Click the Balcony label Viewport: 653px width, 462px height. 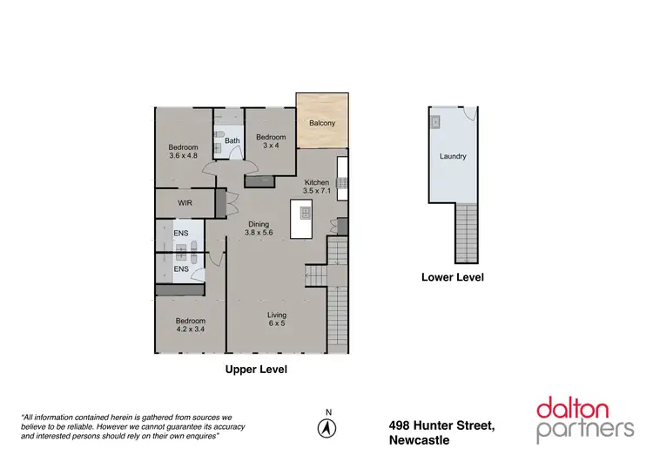(322, 123)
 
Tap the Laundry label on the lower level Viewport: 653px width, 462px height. (453, 157)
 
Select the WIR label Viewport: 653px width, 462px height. (185, 202)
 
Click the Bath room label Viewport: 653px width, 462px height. (232, 140)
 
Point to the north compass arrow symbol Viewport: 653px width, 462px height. (328, 428)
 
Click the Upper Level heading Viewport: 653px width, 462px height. (256, 370)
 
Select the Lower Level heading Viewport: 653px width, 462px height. (452, 277)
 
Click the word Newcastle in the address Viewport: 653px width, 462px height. (420, 440)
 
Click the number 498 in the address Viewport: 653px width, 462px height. (401, 425)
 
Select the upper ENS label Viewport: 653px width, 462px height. (180, 234)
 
